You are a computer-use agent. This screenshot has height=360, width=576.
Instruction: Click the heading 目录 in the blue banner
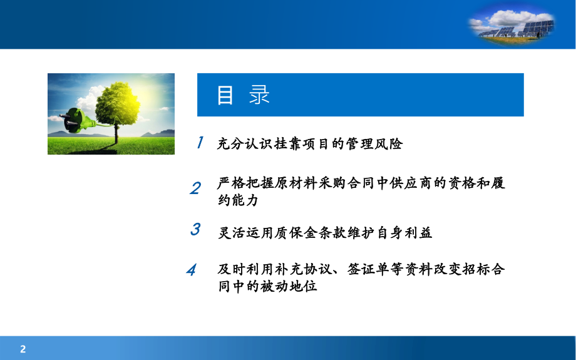[x=244, y=95]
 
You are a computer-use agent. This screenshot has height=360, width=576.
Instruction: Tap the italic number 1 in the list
[x=200, y=143]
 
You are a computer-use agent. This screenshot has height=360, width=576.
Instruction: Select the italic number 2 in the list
[x=195, y=188]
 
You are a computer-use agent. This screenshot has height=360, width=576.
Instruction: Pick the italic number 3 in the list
[x=195, y=229]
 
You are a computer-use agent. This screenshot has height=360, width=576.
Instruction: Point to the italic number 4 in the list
[x=192, y=270]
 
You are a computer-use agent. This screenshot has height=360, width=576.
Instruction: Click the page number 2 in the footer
[x=23, y=349]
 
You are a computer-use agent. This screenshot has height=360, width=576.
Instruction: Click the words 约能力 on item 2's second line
[x=238, y=201]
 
